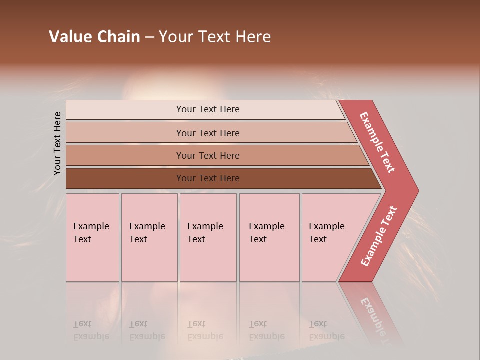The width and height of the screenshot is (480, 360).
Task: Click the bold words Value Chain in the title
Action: point(94,37)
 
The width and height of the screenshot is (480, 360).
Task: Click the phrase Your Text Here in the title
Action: point(215,37)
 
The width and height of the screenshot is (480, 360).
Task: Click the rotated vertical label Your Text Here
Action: point(57,144)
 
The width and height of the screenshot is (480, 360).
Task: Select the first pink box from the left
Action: point(92,237)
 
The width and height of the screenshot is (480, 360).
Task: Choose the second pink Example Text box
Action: point(149,237)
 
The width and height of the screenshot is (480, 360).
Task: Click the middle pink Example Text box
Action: point(208,237)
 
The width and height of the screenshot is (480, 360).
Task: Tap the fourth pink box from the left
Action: point(269,237)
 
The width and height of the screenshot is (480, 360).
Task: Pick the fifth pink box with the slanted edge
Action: point(330,237)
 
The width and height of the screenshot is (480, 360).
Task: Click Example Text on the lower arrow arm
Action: point(379,236)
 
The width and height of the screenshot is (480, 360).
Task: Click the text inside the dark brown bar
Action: point(208,178)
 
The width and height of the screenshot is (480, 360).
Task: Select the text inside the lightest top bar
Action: point(208,109)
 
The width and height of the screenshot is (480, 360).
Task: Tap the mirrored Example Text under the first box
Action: point(91,330)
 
